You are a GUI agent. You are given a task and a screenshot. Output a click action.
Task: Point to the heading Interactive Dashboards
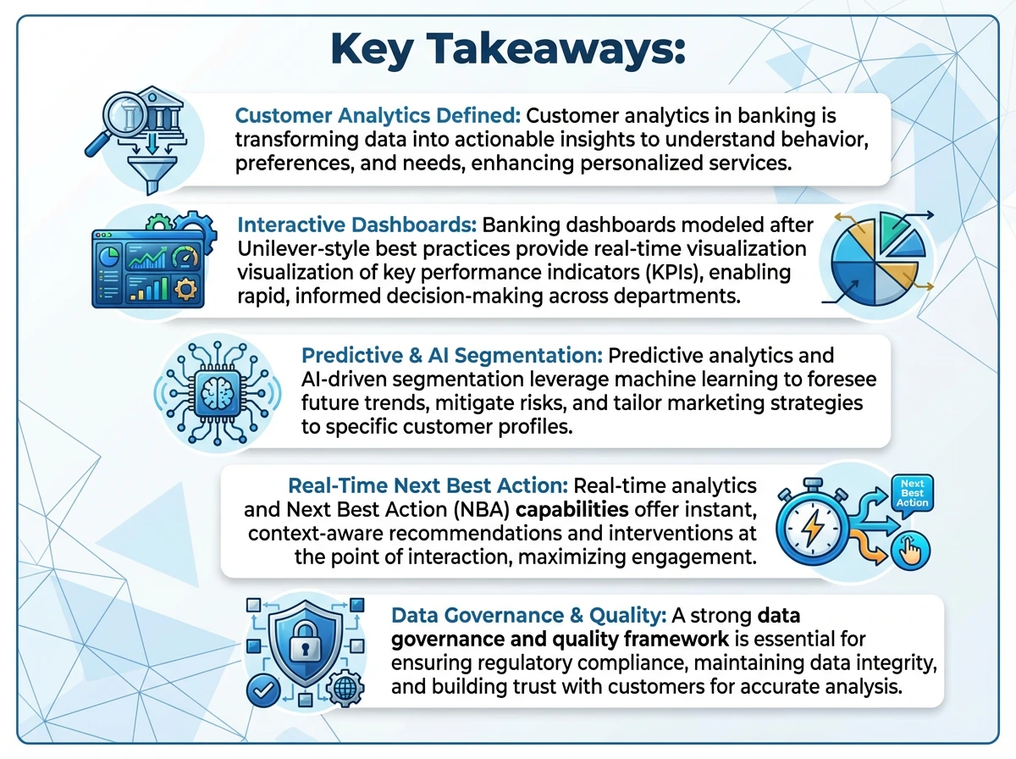(x=357, y=225)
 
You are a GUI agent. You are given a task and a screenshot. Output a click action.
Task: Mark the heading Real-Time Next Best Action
(x=428, y=486)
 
